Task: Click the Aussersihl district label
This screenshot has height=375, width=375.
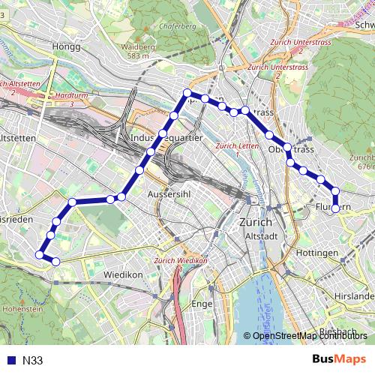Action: tap(172, 193)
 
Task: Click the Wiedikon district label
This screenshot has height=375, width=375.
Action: tap(124, 274)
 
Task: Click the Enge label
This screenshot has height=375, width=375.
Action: tap(202, 304)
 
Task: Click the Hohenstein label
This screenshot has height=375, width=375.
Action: tap(23, 307)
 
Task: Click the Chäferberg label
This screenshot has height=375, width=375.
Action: tap(178, 27)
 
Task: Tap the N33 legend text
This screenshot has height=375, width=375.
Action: tap(32, 361)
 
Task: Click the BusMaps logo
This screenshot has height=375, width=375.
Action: tap(339, 359)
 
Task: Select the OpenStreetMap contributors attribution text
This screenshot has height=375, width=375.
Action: tap(309, 335)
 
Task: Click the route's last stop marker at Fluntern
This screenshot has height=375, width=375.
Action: tap(335, 208)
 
